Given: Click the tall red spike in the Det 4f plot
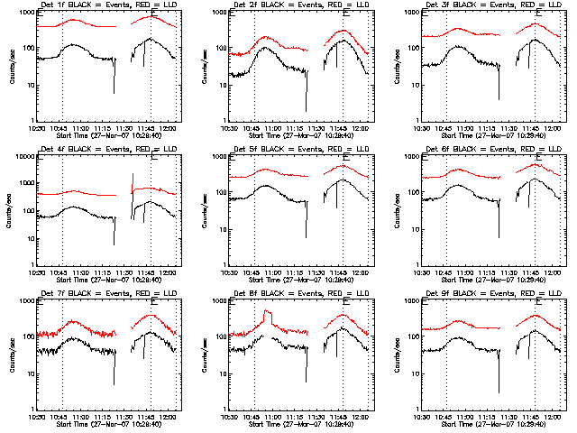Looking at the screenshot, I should pos(133,180).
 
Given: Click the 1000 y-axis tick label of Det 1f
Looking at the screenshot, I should pos(25,14).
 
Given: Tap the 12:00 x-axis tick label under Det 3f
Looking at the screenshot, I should pos(553,128).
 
